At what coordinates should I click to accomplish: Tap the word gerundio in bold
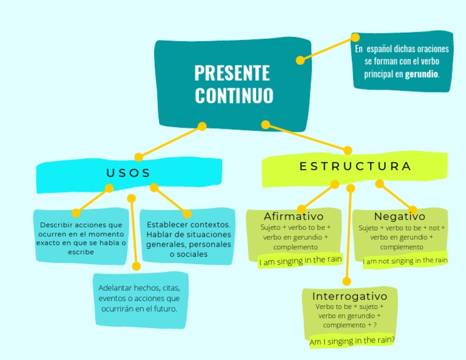(421, 74)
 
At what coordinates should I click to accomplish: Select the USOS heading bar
(129, 173)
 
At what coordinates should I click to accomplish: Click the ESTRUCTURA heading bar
(355, 166)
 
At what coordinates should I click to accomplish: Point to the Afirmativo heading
(294, 217)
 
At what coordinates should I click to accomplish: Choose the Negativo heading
(399, 217)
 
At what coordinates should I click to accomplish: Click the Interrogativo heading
(349, 296)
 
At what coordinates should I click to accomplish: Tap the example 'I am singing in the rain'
(300, 260)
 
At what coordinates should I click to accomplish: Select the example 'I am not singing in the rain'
(405, 260)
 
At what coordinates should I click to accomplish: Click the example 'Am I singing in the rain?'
(352, 341)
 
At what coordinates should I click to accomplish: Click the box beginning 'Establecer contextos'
(188, 239)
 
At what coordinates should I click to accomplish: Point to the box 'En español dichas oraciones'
(402, 61)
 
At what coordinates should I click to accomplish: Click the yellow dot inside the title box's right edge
(300, 61)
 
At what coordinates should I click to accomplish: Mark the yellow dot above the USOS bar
(138, 157)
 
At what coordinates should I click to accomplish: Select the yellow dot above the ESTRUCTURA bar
(348, 151)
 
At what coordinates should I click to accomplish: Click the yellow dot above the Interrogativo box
(346, 281)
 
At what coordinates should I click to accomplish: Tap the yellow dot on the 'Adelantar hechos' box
(136, 266)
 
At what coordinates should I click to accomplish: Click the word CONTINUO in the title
(234, 96)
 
